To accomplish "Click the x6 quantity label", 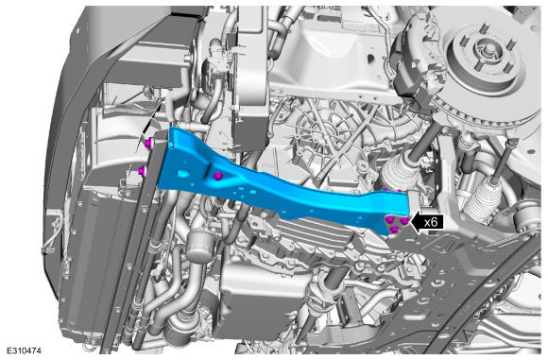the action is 431,222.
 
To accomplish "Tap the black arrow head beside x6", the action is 416,222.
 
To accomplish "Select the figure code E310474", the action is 24,351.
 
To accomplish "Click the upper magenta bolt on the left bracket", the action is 149,143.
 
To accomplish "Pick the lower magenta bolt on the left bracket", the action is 143,171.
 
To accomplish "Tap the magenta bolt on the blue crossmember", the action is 218,176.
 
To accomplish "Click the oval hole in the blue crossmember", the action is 183,173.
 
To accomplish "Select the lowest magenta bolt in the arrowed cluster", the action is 395,229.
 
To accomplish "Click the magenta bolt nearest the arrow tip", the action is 404,221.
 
